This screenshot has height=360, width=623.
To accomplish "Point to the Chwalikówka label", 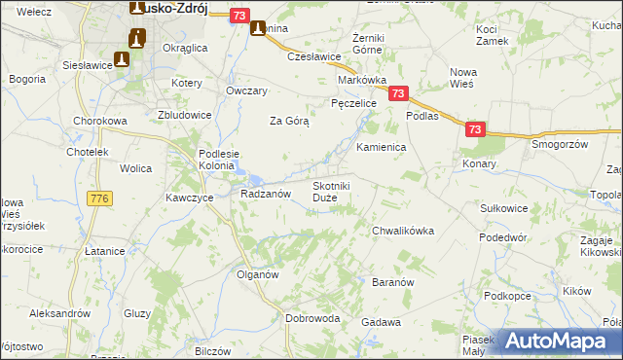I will coord(402,231).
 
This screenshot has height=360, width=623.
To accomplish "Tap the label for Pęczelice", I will coord(353,102).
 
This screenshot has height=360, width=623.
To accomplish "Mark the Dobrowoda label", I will coord(311,317).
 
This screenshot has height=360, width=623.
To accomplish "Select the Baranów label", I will coord(394,282).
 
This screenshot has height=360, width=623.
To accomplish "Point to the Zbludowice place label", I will coord(185,114).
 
